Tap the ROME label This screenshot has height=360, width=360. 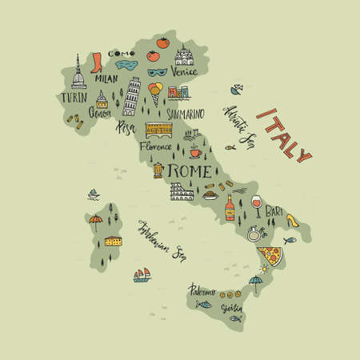point(188,171)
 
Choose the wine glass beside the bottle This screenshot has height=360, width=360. point(256,205)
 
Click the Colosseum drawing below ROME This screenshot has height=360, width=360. point(180,192)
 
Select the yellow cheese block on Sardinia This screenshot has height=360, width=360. point(114,240)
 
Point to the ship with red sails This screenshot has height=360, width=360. point(143,274)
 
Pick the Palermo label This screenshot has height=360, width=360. point(202,290)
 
